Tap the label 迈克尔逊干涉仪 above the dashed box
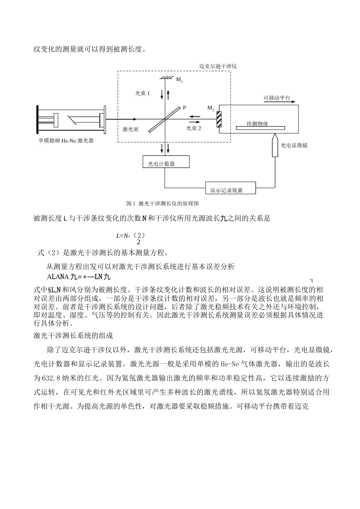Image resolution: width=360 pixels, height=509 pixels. pos(218,66)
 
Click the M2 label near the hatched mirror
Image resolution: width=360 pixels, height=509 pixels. pos(211,108)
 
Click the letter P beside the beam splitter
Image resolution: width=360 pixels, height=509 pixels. pos(185,108)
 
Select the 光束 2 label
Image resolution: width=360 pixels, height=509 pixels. pos(193,128)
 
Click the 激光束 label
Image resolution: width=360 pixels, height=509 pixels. pos(130,129)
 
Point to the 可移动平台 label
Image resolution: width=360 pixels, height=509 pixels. pos(277,98)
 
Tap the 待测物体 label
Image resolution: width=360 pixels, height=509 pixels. pos(257,124)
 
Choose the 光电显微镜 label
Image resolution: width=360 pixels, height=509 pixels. pos(294,145)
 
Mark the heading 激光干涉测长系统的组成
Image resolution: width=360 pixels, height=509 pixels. pos(74,336)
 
